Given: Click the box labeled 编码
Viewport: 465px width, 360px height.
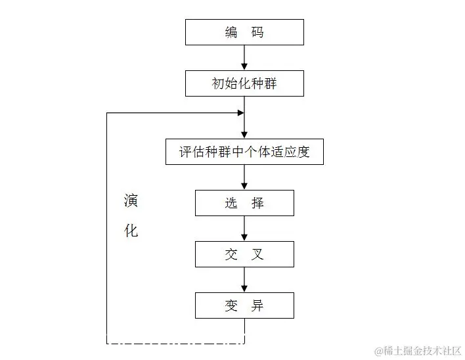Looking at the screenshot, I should click(x=244, y=32).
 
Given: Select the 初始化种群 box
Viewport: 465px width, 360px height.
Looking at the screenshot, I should click(x=244, y=83).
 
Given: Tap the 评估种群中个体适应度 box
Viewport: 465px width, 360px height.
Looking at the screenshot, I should click(x=244, y=151).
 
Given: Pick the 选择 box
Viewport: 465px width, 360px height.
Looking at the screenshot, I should click(x=244, y=203).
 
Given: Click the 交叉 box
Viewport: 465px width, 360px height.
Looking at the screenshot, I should click(x=244, y=254).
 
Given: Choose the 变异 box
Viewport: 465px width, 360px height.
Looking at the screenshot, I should click(x=244, y=305).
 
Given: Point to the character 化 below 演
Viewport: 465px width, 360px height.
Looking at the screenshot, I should click(x=131, y=231).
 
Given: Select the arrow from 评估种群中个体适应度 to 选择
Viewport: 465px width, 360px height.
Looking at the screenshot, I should click(x=244, y=177).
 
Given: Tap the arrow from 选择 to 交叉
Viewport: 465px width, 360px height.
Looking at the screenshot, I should click(x=244, y=228).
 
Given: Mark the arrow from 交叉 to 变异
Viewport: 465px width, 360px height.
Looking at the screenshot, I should click(x=244, y=279).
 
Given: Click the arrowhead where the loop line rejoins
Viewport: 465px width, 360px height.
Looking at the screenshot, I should click(x=240, y=113).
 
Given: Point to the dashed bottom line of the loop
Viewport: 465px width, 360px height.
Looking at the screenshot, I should click(x=175, y=343).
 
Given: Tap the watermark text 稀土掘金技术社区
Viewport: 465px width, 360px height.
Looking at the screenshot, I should click(x=421, y=350).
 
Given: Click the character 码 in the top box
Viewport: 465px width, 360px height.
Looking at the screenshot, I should click(x=257, y=32).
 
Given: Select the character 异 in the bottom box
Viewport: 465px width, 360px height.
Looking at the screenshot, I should click(x=257, y=305).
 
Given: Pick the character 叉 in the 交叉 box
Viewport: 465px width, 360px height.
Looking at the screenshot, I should click(x=257, y=254).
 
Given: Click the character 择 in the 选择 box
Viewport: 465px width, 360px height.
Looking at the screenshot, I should click(x=257, y=203).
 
